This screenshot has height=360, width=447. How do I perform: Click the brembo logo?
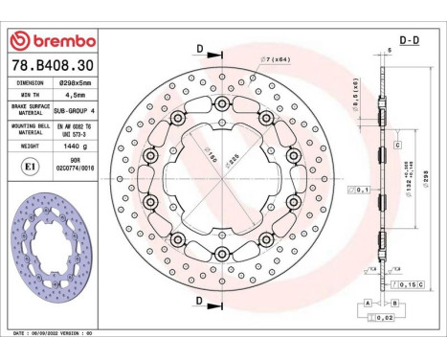[x=50, y=41]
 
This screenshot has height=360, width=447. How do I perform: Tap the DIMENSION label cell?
[x=31, y=82]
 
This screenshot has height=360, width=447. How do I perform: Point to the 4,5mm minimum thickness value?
[x=74, y=96]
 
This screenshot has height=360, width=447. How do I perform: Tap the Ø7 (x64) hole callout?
[x=276, y=59]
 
